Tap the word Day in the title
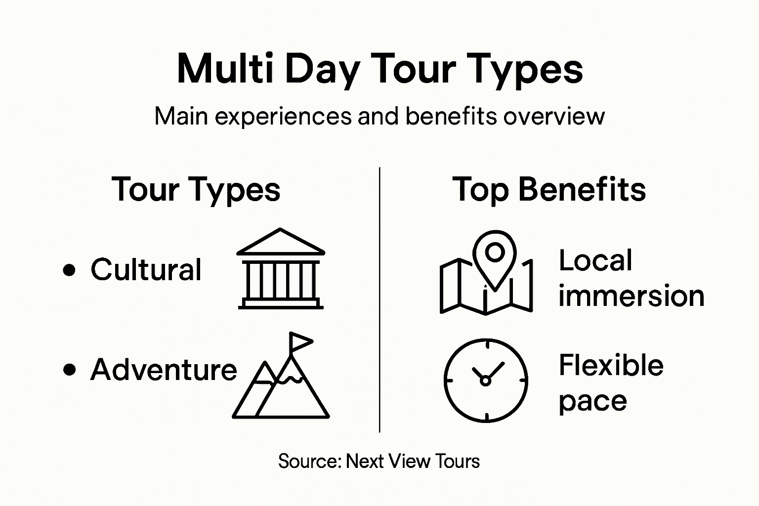click(x=321, y=70)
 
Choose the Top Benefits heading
click(x=549, y=189)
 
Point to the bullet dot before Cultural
click(x=70, y=270)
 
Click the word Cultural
click(x=146, y=270)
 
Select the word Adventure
click(x=164, y=370)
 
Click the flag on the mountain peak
click(x=300, y=341)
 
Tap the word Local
click(x=595, y=260)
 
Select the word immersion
click(x=631, y=296)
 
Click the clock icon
click(x=486, y=380)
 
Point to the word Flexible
click(x=611, y=366)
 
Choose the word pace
click(x=592, y=401)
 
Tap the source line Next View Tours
click(x=379, y=461)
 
